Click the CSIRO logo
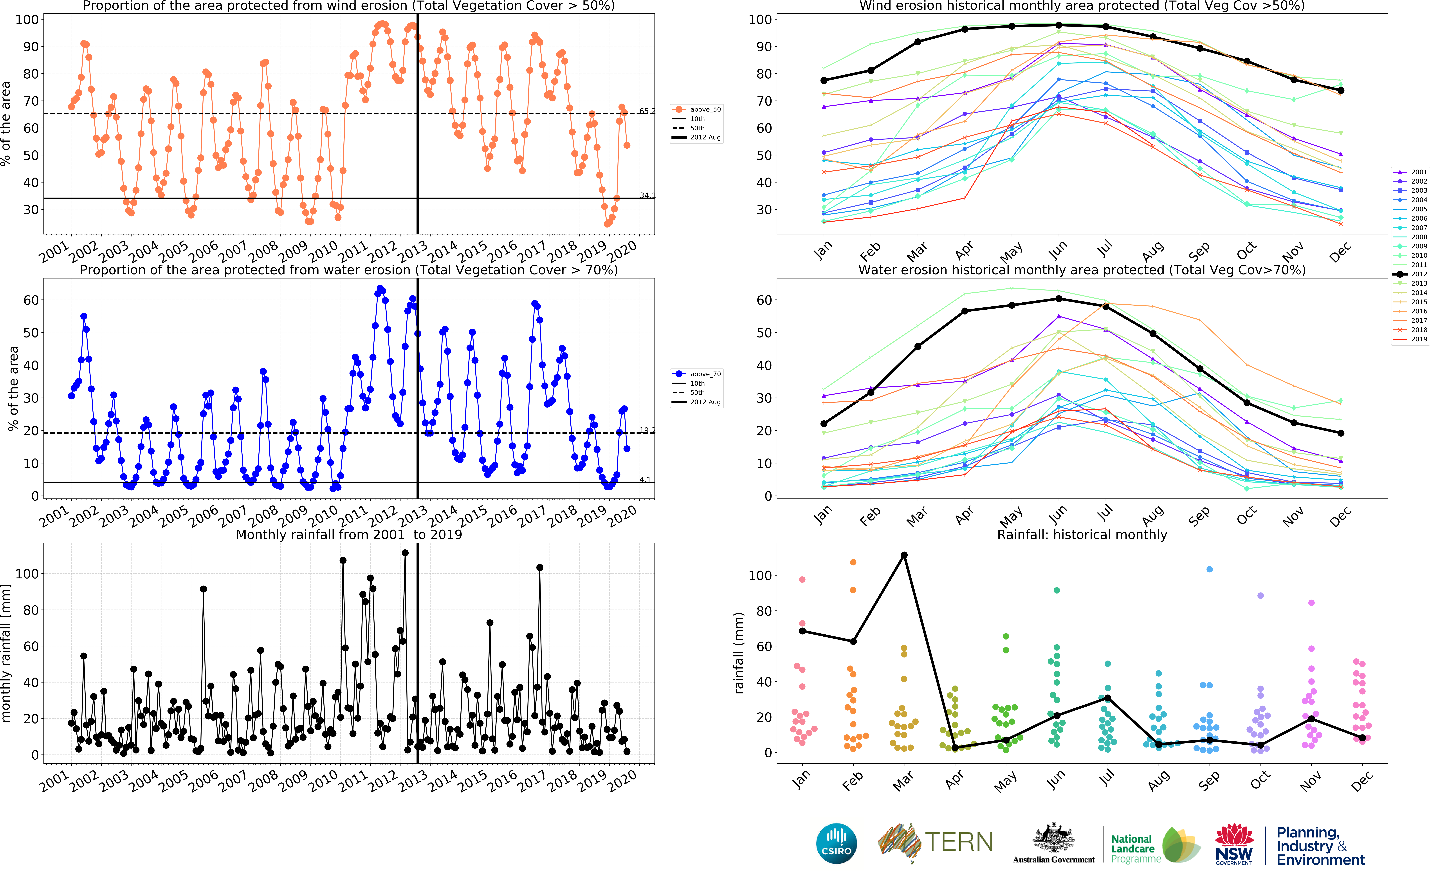coord(837,843)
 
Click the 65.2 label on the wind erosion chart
coord(647,111)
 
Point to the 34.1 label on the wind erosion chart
coord(647,195)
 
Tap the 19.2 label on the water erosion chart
coord(647,430)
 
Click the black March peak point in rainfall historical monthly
coord(904,555)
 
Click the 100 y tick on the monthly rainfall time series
coord(27,574)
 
